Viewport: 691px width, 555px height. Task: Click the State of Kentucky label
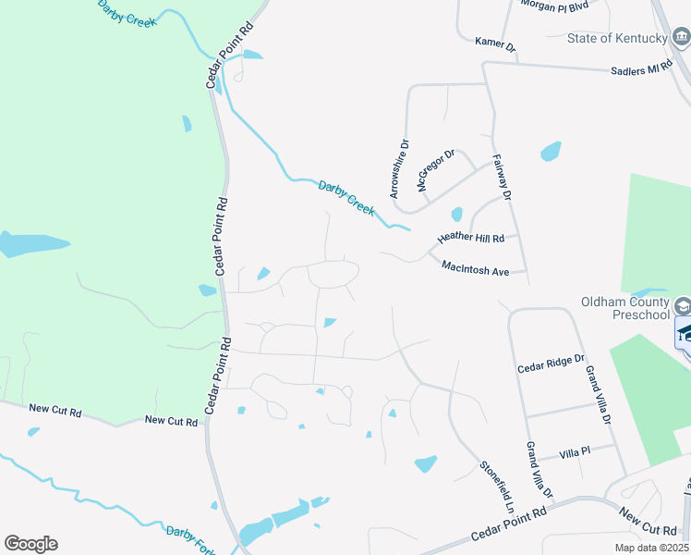[617, 38]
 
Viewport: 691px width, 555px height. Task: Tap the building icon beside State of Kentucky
[681, 38]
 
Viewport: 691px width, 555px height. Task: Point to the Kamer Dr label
[495, 43]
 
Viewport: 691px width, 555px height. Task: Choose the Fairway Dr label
[502, 178]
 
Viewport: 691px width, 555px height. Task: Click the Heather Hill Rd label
[471, 238]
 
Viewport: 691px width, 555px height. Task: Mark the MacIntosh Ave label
[476, 269]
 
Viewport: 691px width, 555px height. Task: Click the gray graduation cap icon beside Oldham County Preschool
[682, 305]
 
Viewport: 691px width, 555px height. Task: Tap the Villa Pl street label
[575, 453]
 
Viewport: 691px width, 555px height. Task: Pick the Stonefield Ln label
[496, 487]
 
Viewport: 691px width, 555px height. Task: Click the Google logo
[30, 544]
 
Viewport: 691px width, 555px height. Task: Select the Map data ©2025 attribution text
[652, 549]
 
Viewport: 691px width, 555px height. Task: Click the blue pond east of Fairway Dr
[551, 150]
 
